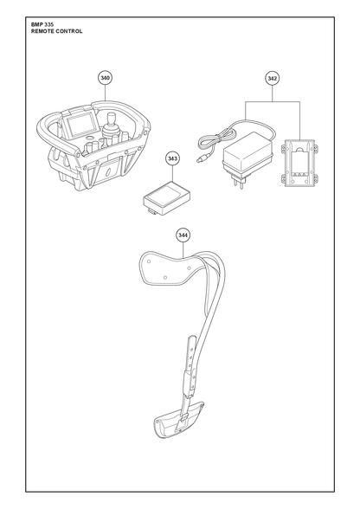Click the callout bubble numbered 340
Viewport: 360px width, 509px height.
(105, 78)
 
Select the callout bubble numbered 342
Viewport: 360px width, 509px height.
(272, 78)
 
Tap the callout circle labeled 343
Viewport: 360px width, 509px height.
(172, 158)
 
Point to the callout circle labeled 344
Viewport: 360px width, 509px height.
(183, 235)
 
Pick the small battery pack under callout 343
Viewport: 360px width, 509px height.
(167, 199)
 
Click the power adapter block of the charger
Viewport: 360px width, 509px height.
(247, 153)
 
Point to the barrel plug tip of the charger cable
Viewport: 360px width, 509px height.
(200, 159)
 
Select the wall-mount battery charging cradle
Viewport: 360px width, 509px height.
(299, 164)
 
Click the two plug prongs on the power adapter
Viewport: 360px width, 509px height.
(239, 184)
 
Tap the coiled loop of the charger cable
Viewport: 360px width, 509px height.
(215, 137)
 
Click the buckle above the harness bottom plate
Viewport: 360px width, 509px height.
(183, 419)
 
